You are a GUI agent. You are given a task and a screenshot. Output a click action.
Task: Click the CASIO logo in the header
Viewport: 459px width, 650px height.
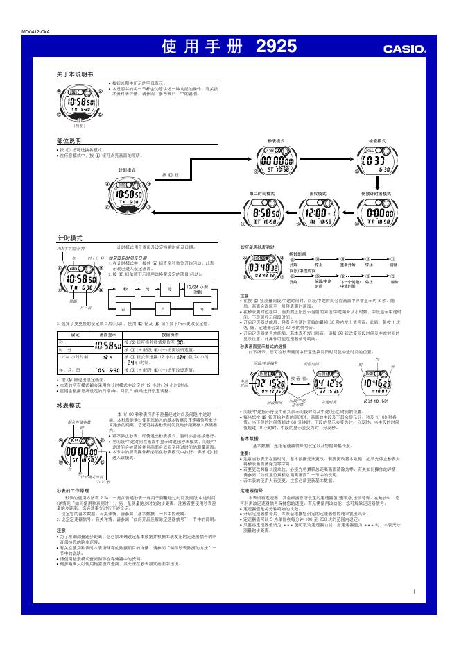pos(405,49)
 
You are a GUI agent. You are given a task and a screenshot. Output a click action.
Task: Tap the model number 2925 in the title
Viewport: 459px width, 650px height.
pos(276,47)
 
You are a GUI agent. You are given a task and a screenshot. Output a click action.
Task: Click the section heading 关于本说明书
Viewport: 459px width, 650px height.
pos(74,74)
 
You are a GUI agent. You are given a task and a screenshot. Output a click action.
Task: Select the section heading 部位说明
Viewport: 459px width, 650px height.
pos(69,140)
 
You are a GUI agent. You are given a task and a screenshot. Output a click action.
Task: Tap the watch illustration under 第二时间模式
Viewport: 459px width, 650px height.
pos(262,212)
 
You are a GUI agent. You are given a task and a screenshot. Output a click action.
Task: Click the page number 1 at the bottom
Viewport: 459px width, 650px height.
pos(414,592)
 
